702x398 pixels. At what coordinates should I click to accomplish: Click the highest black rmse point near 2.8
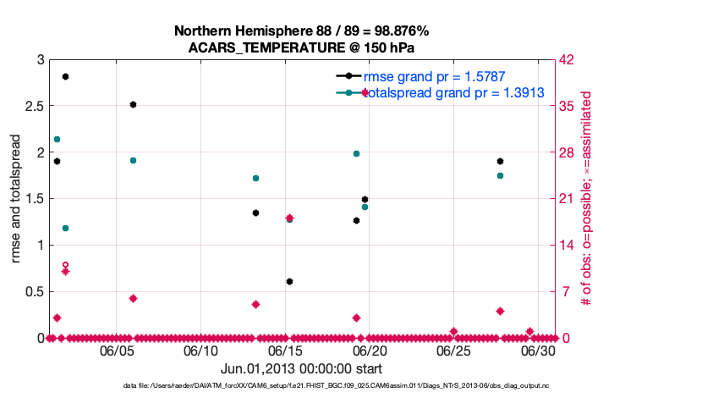point(65,76)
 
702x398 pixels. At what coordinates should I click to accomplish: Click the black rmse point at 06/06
point(133,104)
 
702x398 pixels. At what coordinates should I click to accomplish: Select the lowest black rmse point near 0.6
point(289,281)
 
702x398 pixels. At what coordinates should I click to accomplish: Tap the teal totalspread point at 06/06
point(133,160)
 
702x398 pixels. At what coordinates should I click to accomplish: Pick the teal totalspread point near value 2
point(356,154)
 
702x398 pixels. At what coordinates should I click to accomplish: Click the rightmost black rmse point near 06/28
point(500,161)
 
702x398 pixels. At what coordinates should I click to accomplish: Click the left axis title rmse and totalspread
point(16,198)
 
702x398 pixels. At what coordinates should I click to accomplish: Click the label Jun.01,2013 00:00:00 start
point(301,368)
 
